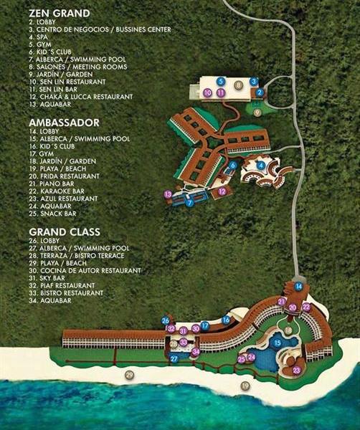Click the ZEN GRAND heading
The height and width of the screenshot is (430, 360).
[60, 13]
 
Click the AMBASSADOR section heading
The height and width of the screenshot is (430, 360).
[64, 123]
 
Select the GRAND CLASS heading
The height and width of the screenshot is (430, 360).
[65, 231]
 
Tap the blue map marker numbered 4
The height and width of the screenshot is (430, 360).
[261, 166]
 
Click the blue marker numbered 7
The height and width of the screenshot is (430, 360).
[189, 203]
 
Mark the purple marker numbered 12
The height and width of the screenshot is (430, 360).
[222, 191]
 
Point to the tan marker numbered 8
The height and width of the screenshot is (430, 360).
[238, 85]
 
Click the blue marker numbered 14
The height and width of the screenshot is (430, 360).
[298, 287]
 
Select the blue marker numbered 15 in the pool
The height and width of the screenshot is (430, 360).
[277, 343]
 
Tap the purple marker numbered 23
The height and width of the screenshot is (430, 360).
[296, 370]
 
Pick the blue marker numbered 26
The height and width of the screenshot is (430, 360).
[166, 320]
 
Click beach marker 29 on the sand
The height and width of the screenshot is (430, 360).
[130, 375]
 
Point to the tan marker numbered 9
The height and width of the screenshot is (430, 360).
[257, 111]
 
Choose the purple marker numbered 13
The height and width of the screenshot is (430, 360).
[167, 194]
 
